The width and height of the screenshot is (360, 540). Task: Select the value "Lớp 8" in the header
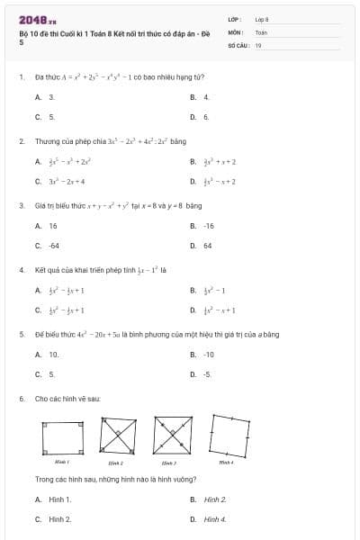coord(262,18)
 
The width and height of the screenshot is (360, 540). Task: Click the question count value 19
coord(258,44)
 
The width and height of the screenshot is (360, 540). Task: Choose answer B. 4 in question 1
coord(201,96)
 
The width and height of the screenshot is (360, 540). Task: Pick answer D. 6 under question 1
coord(201,117)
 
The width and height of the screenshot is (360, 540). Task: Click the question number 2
coord(21,141)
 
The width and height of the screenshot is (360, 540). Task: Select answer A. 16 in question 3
coord(47,226)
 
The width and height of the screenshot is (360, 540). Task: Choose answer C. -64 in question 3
coord(48,246)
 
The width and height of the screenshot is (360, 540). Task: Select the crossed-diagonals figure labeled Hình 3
coord(171,438)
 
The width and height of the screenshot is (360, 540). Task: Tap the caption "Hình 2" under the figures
coord(115,462)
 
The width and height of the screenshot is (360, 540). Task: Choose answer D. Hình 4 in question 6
coord(209,519)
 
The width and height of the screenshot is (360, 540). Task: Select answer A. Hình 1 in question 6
coord(54,499)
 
